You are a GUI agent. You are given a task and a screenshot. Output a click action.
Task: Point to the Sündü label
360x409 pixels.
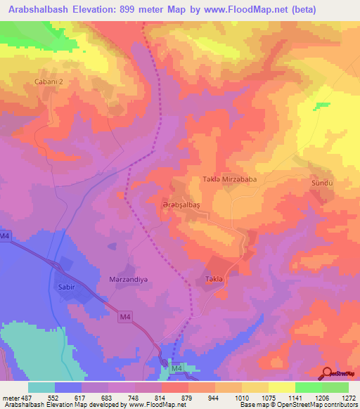point(321,182)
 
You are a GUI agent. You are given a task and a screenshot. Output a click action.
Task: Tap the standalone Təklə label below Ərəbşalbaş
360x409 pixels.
point(214,279)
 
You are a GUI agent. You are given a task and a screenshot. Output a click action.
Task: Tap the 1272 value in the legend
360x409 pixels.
point(348,397)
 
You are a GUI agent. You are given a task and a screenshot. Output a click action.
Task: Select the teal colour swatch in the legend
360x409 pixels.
point(41,387)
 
